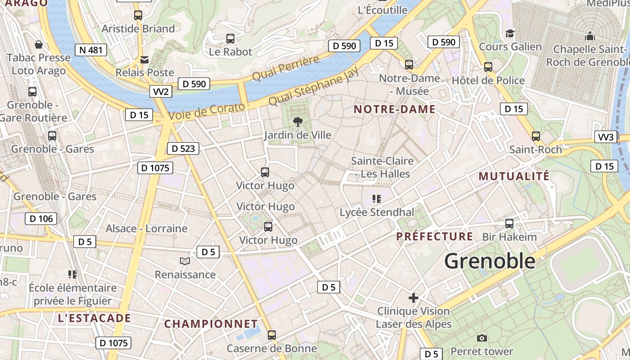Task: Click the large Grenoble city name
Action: [490, 261]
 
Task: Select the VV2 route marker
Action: [161, 92]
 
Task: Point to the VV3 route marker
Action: [606, 137]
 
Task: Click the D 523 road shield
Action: [183, 148]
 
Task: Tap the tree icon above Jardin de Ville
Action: [297, 121]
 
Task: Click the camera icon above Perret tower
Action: [481, 338]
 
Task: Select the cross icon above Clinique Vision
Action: [413, 298]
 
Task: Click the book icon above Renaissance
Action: [185, 261]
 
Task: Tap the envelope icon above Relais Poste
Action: [144, 59]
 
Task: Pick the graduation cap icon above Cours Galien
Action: [510, 33]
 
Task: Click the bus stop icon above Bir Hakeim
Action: [509, 224]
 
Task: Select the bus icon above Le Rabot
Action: [230, 39]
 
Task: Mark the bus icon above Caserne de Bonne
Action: [271, 335]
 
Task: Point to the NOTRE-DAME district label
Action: [395, 109]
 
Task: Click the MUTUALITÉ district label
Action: [514, 176]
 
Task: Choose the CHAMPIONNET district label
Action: [211, 324]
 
